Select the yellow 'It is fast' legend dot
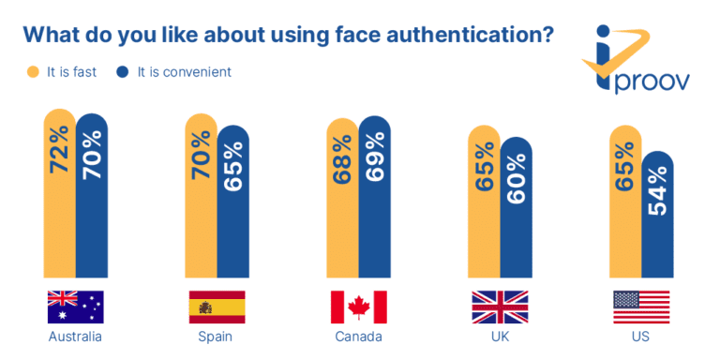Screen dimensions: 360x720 pos(32,71)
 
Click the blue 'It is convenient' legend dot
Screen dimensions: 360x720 pos(123,71)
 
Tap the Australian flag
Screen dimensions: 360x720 pos(75,307)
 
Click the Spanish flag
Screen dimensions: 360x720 pos(217,307)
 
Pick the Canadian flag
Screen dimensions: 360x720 pos(358,307)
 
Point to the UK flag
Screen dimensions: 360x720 pos(500,307)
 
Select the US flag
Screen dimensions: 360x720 pos(641,307)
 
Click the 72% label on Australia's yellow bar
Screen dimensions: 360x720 pos(59,150)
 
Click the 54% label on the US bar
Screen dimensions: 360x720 pos(657,191)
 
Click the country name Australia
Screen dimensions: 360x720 pos(75,337)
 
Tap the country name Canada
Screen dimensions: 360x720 pos(358,337)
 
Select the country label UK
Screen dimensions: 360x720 pos(500,337)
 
